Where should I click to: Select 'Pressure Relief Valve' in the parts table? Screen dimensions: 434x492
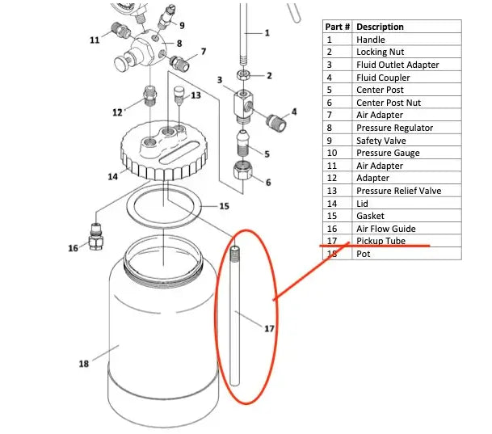point(398,191)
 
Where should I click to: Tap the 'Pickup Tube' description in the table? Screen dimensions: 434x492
point(381,241)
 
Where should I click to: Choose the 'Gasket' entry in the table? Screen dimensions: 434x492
point(370,216)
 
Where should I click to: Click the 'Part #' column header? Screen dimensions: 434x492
point(338,27)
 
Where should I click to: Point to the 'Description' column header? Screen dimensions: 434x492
point(380,27)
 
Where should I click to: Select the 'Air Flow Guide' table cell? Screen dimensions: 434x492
point(385,229)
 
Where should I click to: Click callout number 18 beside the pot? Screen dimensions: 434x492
point(83,364)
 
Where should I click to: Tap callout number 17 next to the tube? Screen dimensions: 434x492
point(270,327)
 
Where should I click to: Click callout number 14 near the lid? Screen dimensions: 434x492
point(112,175)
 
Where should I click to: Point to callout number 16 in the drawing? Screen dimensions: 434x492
point(74,248)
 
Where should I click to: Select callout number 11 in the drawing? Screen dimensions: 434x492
point(95,39)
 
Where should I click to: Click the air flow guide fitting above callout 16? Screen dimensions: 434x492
point(95,232)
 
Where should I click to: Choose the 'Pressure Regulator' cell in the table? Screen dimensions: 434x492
point(394,128)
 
